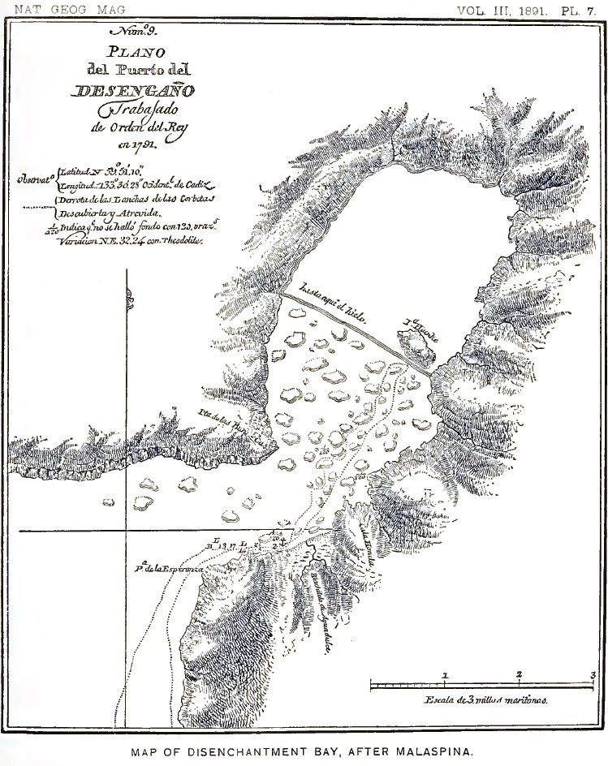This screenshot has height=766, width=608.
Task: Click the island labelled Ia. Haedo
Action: (416, 345)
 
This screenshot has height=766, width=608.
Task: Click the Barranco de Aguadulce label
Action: (319, 608)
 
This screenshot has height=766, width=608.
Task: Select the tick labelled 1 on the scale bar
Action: (445, 675)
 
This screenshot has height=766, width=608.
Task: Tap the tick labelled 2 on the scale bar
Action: (519, 675)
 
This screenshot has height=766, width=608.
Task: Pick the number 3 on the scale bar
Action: (593, 674)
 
